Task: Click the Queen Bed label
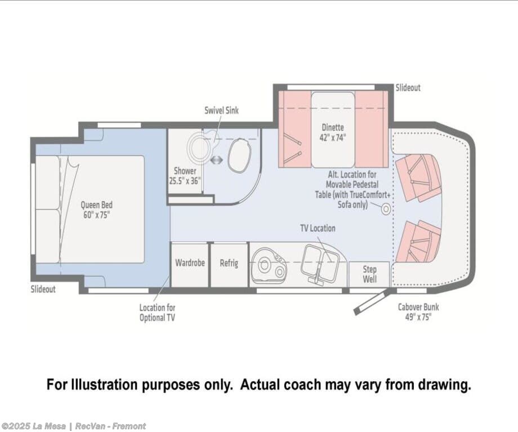pos(96,210)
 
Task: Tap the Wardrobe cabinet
pos(190,265)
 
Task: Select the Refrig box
pos(229,265)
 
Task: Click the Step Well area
pos(369,274)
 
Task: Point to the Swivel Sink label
pos(221,110)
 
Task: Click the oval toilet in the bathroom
pos(239,155)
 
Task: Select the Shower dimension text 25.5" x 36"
pos(185,181)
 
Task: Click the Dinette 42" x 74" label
pos(333,132)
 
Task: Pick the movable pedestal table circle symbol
pos(386,209)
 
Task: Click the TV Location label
pos(318,228)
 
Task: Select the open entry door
pos(370,302)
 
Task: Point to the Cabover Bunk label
pos(418,311)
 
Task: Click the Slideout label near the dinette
pos(408,88)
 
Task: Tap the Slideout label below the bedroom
pos(43,289)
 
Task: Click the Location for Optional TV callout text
pos(157,313)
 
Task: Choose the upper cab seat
pos(418,178)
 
